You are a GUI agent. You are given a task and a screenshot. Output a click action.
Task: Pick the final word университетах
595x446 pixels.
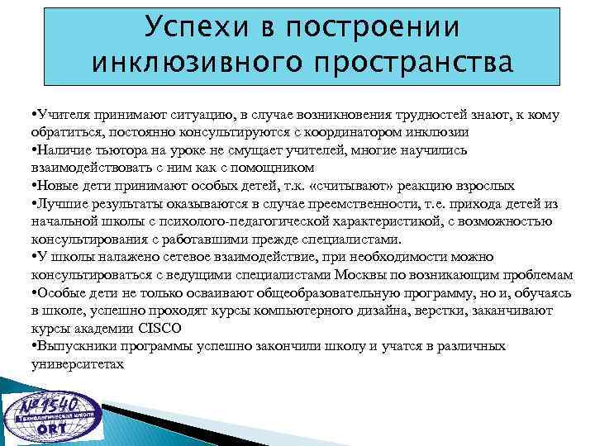pyautogui.click(x=78, y=363)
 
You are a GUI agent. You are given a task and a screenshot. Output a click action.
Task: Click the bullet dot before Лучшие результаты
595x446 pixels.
pyautogui.click(x=31, y=203)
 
